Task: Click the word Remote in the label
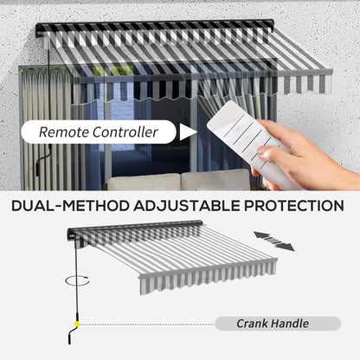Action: (64, 132)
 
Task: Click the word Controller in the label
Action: (125, 132)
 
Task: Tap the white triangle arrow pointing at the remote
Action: (188, 132)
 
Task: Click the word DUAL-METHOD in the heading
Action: (70, 206)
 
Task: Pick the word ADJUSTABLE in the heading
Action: (187, 206)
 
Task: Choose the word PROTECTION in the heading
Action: (294, 206)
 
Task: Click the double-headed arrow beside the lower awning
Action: (274, 241)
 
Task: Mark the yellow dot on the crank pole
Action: (77, 324)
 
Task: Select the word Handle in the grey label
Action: (291, 324)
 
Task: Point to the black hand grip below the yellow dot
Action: (72, 336)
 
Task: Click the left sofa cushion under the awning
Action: (144, 182)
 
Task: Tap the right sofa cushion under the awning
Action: (215, 179)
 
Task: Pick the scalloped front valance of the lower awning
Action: (209, 277)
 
